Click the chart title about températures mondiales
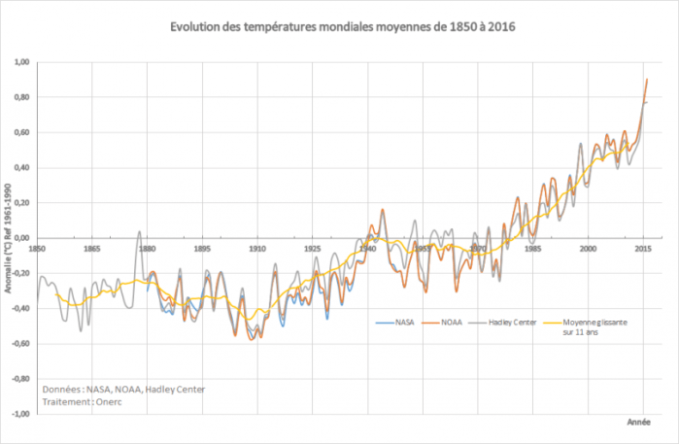(339, 25)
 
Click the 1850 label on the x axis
(37, 249)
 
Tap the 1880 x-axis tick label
(147, 249)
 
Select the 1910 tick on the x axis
(256, 249)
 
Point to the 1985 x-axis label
(532, 249)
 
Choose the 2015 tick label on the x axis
(642, 249)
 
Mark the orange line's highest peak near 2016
(648, 80)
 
